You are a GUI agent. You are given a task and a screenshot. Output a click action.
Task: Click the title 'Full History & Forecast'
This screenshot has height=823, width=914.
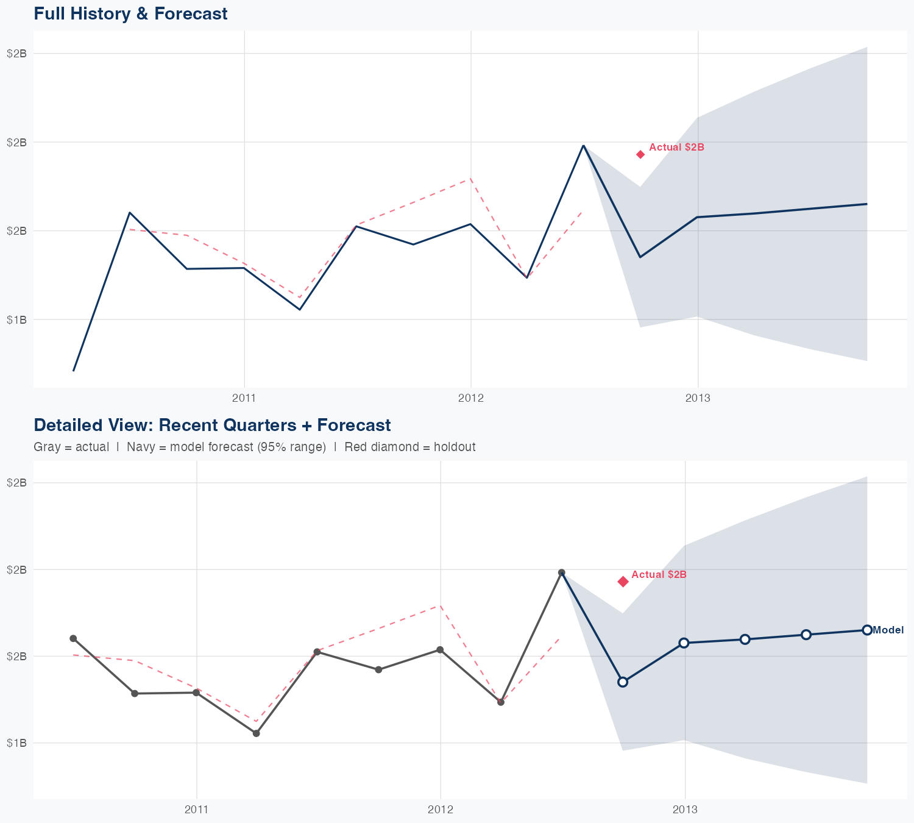[x=130, y=13]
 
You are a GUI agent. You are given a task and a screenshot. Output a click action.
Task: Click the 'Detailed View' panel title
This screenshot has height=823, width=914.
[x=212, y=425]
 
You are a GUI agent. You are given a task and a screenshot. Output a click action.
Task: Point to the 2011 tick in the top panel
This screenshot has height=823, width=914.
[x=244, y=399]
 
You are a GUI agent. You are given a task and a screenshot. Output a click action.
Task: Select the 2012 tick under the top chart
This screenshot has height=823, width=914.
[x=471, y=399]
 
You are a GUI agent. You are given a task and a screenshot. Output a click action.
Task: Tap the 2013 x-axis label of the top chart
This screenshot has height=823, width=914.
[x=698, y=399]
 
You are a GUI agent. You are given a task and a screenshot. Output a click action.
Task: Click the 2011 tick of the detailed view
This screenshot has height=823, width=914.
[x=197, y=810]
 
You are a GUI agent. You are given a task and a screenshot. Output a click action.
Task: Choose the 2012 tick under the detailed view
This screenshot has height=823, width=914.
[x=441, y=810]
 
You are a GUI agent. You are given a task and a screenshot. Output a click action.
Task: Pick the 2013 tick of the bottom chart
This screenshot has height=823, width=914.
[x=685, y=810]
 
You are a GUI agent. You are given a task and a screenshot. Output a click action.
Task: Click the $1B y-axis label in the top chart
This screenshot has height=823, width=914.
[x=16, y=320]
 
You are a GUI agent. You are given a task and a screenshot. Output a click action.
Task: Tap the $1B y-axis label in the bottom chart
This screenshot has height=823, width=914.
[x=16, y=743]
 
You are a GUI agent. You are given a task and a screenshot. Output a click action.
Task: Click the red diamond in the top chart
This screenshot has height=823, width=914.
[x=640, y=154]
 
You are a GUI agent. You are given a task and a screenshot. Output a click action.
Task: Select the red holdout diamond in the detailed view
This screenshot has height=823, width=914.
[x=623, y=582]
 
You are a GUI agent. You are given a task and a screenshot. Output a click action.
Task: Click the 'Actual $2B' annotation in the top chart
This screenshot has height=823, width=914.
[x=676, y=148]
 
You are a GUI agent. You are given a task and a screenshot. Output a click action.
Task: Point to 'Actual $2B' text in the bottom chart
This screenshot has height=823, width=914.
[x=659, y=575]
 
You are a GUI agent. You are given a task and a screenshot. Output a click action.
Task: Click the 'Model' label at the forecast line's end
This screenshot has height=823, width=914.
[x=888, y=630]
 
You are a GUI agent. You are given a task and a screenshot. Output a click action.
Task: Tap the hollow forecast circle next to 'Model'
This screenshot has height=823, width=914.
[x=867, y=630]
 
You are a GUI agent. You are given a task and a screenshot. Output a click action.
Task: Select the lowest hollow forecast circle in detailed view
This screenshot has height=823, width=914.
[x=623, y=682]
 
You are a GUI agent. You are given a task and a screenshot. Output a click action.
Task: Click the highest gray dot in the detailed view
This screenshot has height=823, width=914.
[x=562, y=572]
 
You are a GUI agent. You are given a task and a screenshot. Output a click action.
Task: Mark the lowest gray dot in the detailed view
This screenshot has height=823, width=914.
[x=257, y=733]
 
